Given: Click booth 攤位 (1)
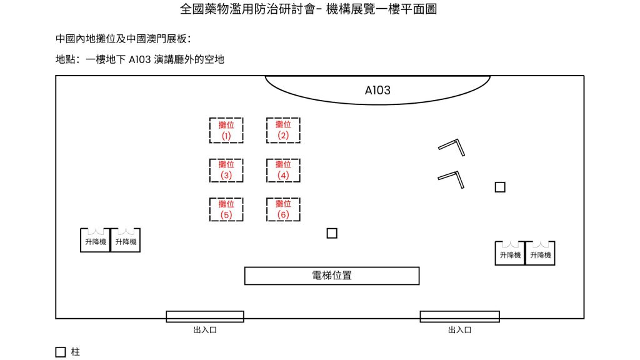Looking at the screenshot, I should [226, 130].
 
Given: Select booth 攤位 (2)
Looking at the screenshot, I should [283, 130].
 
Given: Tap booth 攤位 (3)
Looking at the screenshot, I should [226, 170].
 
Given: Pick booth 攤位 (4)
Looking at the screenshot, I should [283, 170].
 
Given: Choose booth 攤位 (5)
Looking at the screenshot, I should [226, 209].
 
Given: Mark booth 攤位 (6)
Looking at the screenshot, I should [283, 209].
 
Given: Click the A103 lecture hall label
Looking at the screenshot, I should [377, 91].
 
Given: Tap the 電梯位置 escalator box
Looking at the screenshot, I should [331, 276].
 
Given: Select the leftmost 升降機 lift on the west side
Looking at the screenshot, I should [96, 241].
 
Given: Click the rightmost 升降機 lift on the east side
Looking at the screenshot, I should [541, 254].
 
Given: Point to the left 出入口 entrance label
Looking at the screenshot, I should [205, 329].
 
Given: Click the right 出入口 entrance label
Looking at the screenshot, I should [459, 329].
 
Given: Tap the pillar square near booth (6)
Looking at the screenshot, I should [332, 233].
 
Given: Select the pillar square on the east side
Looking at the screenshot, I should [500, 187].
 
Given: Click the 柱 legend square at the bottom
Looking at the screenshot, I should [61, 352].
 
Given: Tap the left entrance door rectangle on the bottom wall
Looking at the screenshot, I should [205, 316].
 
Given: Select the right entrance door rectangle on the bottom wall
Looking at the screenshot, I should [459, 316].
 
